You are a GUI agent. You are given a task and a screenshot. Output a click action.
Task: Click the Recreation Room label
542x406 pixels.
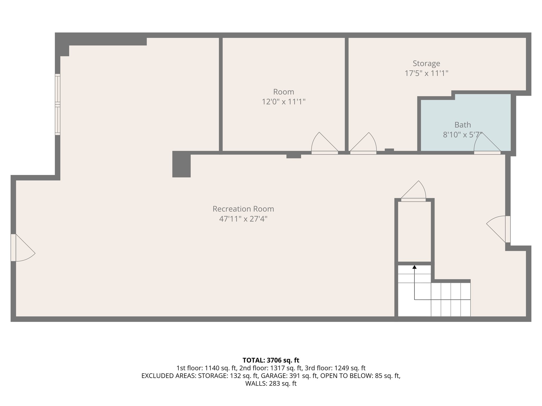coord(243,209)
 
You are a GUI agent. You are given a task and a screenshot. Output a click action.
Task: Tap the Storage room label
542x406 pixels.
coord(426,63)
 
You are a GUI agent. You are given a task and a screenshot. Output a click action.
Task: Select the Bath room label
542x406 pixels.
coord(463,125)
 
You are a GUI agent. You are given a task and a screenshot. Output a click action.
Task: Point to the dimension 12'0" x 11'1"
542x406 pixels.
coord(283,102)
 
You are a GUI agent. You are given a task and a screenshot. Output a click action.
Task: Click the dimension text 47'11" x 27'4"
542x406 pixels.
coord(243,219)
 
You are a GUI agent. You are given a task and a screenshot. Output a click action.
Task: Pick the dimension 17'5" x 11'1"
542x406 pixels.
coord(426,73)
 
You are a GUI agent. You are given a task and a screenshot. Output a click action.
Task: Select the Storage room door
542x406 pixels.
coord(363,144)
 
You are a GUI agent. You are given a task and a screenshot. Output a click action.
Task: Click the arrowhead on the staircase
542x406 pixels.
coord(414,267)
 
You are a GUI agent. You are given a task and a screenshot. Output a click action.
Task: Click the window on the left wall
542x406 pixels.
coord(57,104)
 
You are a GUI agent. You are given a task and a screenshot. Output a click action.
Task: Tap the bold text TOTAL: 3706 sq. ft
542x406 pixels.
coord(271,360)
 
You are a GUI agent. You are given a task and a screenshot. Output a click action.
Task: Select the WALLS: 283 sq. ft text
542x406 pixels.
coord(271,384)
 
